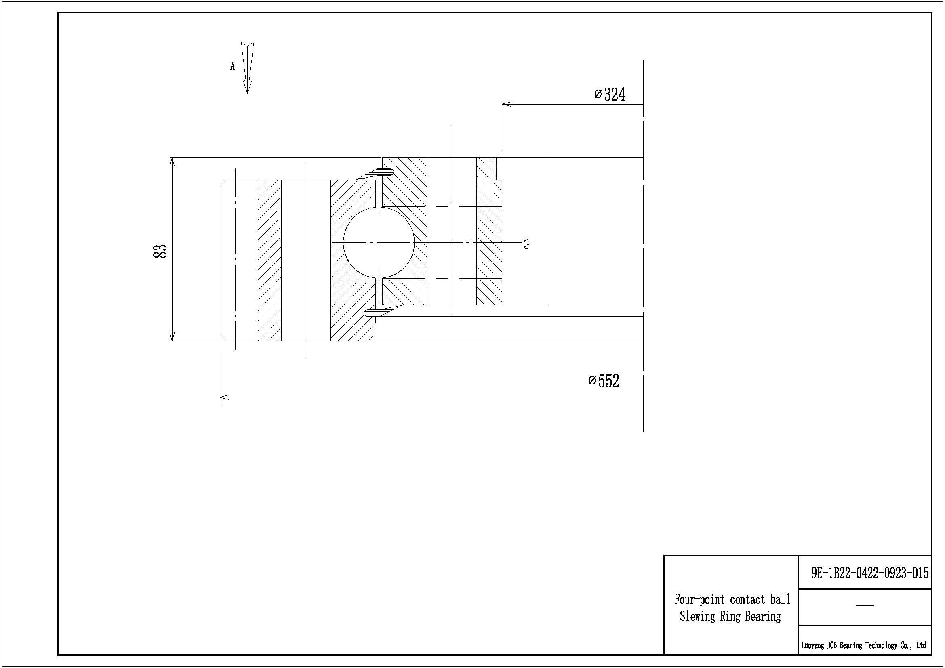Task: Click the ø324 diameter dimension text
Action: (610, 95)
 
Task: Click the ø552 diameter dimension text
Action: (604, 381)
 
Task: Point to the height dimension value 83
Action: (160, 251)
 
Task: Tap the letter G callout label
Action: (526, 244)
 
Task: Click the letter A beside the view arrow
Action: (233, 66)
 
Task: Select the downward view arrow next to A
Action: (247, 68)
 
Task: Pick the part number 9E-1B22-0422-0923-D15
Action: (870, 573)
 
